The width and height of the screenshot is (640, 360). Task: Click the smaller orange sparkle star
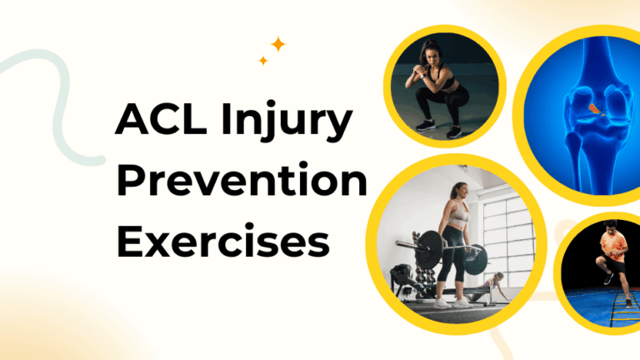click(263, 60)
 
